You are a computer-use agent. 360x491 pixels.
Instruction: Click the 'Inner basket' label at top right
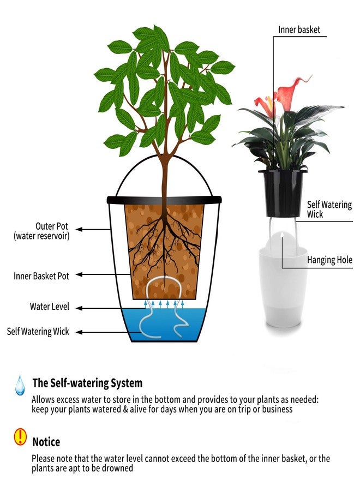(299, 30)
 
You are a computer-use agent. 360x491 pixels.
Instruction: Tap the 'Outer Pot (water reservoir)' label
(41, 231)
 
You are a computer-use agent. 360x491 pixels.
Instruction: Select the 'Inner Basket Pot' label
(41, 276)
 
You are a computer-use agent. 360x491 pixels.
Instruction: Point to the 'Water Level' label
(50, 306)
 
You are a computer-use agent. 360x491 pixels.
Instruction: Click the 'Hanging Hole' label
(329, 260)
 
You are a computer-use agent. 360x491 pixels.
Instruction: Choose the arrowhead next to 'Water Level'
(79, 308)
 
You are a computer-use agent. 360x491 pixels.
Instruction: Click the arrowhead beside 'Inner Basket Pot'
(79, 274)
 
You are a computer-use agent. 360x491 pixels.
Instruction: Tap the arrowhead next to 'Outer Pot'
(79, 229)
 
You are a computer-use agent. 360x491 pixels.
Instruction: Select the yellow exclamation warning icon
(20, 436)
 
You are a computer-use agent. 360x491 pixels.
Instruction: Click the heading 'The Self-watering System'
(87, 382)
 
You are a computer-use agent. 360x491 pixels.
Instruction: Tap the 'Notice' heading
(46, 442)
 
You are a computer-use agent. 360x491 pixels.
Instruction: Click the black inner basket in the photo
(283, 193)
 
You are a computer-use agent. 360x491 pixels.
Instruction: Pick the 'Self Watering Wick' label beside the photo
(329, 209)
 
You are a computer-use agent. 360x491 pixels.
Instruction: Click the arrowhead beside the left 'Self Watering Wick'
(79, 332)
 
